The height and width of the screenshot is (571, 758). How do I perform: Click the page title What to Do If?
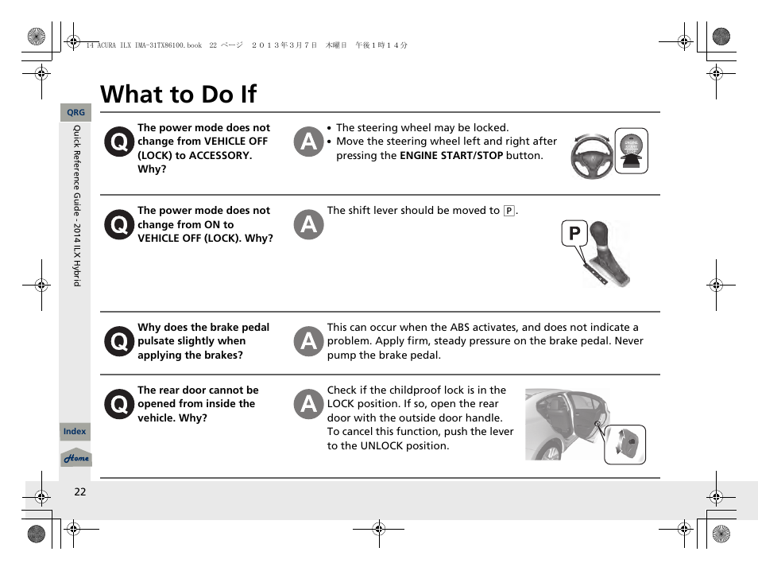179,94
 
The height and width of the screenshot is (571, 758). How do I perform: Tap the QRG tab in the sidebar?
75,113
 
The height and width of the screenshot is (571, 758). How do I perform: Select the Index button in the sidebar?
75,431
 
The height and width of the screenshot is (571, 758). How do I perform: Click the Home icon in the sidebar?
76,458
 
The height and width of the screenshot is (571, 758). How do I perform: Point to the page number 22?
79,491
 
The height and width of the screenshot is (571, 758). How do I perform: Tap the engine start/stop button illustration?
631,150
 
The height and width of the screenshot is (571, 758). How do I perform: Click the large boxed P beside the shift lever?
574,235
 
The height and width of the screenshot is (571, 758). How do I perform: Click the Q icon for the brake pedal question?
118,342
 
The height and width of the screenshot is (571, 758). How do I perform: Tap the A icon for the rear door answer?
308,404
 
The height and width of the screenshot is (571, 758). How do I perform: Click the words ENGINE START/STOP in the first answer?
451,156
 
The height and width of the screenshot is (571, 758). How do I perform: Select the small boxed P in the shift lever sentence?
509,212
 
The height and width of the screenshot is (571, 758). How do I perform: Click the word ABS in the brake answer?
460,328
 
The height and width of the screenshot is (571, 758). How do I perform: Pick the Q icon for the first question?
118,142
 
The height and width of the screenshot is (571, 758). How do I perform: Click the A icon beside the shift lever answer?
308,225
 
